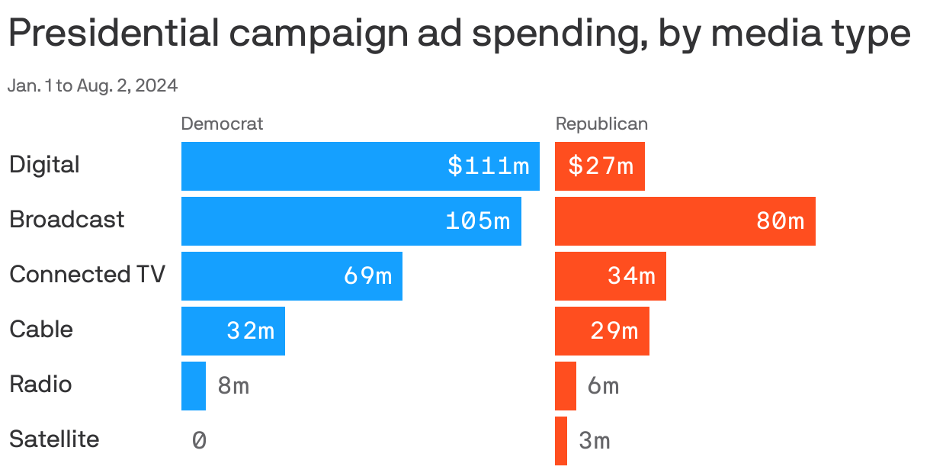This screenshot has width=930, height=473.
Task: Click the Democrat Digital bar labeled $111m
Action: (x=360, y=166)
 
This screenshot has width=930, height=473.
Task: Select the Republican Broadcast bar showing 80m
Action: (x=685, y=221)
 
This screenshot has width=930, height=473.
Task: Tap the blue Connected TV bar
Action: (x=291, y=276)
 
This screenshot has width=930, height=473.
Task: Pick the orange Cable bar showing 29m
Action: (x=601, y=331)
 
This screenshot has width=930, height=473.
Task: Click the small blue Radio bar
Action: (x=194, y=386)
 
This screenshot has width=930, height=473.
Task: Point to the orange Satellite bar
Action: (x=561, y=441)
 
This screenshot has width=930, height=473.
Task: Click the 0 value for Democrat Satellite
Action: (x=199, y=440)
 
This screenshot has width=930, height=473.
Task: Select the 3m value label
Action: (x=595, y=440)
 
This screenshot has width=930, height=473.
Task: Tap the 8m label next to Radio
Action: (x=233, y=385)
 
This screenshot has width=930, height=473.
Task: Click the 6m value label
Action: (x=603, y=385)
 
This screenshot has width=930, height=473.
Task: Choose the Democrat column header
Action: (x=222, y=124)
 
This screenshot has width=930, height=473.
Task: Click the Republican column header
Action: (x=601, y=124)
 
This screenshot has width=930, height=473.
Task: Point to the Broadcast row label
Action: (x=67, y=220)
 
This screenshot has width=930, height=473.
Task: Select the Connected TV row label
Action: (x=87, y=275)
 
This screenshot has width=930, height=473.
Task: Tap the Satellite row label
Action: (x=54, y=439)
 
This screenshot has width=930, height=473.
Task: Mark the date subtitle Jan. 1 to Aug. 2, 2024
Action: (x=92, y=86)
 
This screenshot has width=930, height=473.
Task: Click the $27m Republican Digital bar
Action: (x=600, y=166)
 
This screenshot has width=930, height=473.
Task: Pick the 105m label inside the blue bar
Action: (x=478, y=221)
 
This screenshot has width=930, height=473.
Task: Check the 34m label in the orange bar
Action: (x=631, y=276)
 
